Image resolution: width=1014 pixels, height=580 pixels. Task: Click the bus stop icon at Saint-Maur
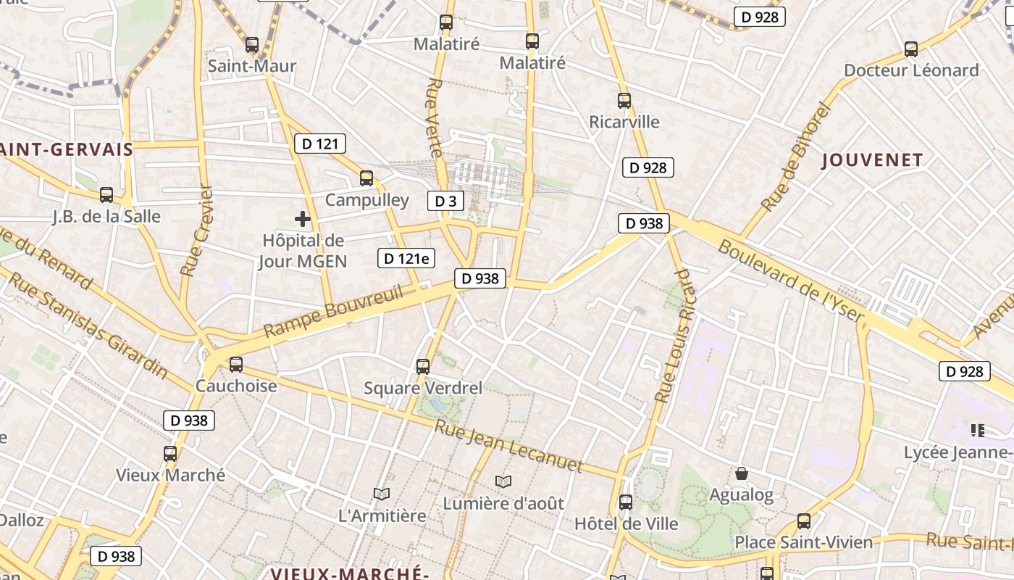(252, 45)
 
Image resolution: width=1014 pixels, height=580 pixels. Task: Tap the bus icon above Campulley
(366, 178)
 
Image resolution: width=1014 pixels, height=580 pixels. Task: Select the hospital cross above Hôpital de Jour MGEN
(303, 218)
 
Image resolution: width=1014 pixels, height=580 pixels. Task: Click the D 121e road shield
(406, 258)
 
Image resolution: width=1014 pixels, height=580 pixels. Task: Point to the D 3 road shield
(445, 201)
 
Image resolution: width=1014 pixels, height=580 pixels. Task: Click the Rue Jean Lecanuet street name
(508, 446)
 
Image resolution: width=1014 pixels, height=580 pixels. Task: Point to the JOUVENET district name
(873, 160)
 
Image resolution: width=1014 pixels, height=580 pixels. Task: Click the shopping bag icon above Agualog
(742, 474)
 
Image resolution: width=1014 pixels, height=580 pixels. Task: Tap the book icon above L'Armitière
(382, 494)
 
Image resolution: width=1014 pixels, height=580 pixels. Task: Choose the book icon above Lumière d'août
(503, 481)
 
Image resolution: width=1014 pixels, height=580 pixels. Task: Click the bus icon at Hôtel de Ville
(626, 502)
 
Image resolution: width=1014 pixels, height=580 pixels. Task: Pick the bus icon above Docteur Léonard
(911, 49)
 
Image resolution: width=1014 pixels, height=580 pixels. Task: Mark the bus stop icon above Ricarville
(624, 101)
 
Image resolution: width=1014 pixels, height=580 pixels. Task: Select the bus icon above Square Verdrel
(423, 367)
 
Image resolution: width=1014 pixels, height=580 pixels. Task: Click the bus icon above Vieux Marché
(170, 454)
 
